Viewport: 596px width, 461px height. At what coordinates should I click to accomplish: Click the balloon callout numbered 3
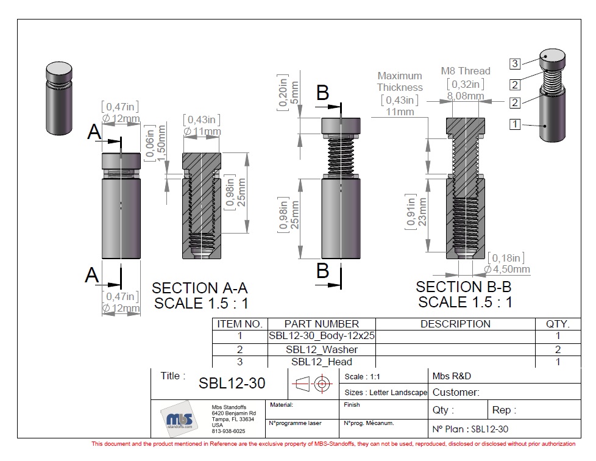(515, 63)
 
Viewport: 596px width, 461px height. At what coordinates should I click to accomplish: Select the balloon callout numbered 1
(515, 124)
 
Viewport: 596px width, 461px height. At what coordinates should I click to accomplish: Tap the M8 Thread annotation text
(466, 71)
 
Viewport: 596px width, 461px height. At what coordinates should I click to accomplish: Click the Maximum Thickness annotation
(400, 82)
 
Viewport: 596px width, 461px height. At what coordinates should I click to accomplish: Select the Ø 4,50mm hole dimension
(507, 269)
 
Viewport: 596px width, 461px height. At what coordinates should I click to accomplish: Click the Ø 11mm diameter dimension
(202, 131)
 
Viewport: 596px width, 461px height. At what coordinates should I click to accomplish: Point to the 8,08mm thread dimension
(466, 96)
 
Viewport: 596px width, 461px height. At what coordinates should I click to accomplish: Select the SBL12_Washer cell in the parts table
(322, 349)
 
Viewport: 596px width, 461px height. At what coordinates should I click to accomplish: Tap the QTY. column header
(557, 324)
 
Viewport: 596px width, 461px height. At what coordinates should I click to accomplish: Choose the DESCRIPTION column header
(455, 324)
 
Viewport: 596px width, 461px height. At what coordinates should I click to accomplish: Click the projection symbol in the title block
(313, 384)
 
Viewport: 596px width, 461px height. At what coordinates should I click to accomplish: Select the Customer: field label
(456, 392)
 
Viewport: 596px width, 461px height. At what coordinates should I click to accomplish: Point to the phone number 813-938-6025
(229, 431)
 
